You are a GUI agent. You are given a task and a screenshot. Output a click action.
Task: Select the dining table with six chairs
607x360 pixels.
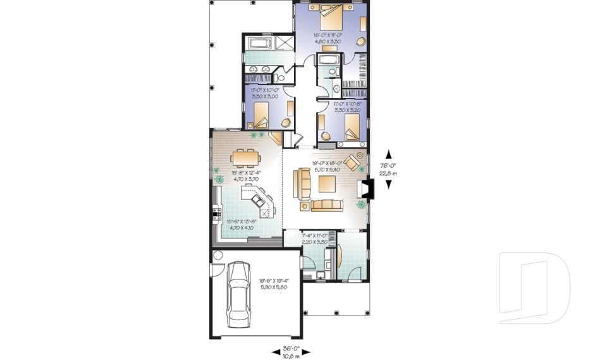244,156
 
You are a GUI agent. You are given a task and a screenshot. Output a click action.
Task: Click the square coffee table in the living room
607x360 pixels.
328,184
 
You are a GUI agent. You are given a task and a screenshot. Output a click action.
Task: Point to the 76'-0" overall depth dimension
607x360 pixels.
388,168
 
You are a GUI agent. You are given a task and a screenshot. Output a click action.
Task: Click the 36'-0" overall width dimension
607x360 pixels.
291,352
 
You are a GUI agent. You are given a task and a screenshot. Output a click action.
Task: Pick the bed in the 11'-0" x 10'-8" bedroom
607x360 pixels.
350,127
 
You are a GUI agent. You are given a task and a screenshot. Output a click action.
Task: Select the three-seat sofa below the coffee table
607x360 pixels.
326,205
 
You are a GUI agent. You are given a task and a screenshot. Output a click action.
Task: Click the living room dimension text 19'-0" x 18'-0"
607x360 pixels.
328,166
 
